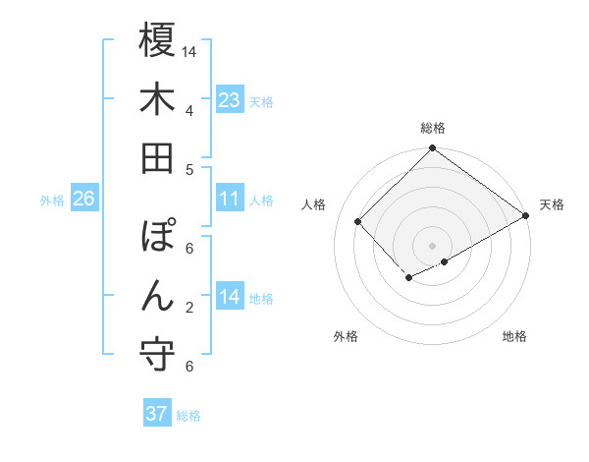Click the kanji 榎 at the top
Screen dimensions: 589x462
tap(157, 41)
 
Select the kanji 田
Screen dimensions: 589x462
tap(157, 157)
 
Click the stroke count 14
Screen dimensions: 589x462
tap(190, 51)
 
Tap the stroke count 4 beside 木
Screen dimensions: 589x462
tap(188, 110)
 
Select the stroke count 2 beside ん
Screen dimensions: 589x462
tap(188, 308)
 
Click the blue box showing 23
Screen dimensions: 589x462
tap(230, 100)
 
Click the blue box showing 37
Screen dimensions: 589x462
tap(157, 414)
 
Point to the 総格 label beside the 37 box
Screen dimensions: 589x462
tap(189, 415)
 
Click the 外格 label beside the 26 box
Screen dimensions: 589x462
tap(52, 201)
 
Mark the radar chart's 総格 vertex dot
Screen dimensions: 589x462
tap(432, 149)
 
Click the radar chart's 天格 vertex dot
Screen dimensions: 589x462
tap(526, 217)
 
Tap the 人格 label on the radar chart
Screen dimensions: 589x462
tap(314, 204)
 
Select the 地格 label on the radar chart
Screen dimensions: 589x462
tap(514, 336)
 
